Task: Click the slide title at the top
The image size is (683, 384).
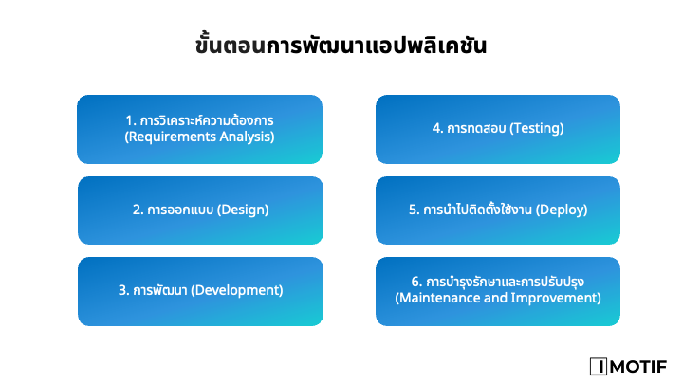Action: point(341,45)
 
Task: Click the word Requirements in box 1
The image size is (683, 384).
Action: point(172,137)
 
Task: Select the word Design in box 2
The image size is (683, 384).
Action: point(243,210)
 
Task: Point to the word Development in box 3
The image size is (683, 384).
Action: point(237,290)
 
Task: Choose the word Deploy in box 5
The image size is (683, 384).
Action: point(562,210)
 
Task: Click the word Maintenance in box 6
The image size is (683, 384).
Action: point(438,298)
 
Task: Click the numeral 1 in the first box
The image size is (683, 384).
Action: point(129,120)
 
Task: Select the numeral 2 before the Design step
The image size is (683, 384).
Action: point(137,210)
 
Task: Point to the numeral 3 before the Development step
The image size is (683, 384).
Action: point(122,290)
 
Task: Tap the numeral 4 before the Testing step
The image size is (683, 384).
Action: point(436,128)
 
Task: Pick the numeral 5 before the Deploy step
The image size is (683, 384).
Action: point(413,210)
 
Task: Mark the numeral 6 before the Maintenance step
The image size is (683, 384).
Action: point(415,282)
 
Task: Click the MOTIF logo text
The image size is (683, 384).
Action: point(638,367)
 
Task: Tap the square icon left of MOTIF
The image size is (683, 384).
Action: point(599,367)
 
